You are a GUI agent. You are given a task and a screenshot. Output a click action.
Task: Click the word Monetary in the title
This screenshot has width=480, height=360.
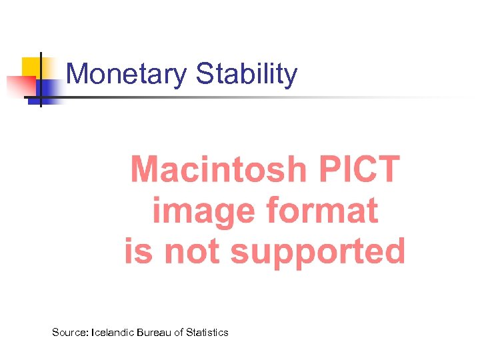click(127, 74)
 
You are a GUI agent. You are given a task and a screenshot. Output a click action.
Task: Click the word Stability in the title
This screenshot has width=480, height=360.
click(247, 74)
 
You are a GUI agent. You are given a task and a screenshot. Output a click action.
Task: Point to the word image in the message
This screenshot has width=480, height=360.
click(204, 212)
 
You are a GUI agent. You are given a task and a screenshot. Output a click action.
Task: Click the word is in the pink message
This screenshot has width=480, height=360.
click(138, 252)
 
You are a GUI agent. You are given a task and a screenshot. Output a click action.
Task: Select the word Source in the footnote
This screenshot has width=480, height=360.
click(69, 332)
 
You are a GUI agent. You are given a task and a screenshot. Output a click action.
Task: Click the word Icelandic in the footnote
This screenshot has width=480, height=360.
click(112, 332)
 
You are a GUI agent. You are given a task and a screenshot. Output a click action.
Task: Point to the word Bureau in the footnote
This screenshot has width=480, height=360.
click(153, 332)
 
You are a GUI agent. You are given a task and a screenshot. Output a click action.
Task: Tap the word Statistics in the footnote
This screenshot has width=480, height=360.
click(207, 332)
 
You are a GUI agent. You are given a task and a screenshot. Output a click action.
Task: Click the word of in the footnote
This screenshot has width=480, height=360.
click(178, 332)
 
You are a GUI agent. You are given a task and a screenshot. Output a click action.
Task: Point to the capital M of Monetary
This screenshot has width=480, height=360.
click(77, 74)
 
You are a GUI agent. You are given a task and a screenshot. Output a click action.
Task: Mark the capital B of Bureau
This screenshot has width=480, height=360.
click(140, 332)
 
